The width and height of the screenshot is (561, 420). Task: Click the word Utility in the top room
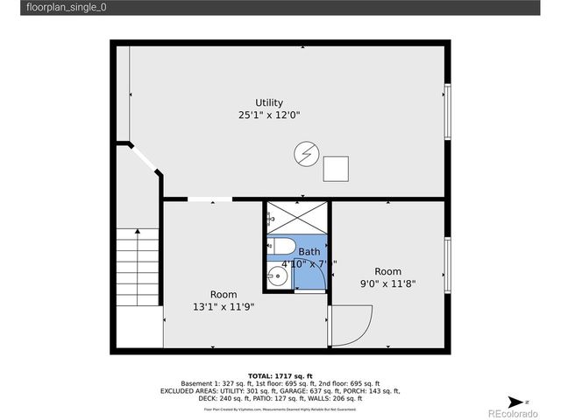[269, 102]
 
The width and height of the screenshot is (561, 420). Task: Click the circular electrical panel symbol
[305, 155]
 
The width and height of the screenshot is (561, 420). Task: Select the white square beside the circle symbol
[336, 168]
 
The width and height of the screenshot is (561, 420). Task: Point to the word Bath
[309, 252]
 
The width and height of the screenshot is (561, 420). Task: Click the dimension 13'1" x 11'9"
[223, 306]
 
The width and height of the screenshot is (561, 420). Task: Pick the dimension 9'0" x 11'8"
[388, 283]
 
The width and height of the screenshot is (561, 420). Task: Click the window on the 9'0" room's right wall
[447, 263]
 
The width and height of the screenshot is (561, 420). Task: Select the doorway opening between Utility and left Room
[209, 200]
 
